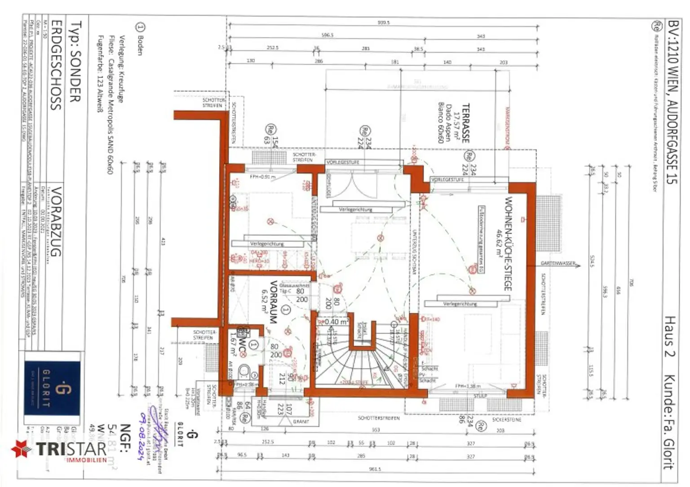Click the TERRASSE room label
465,123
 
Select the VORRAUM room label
273,302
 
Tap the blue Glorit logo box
52,389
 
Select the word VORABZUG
55,222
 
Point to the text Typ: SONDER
75,61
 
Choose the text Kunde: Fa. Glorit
670,422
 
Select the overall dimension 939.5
383,22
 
